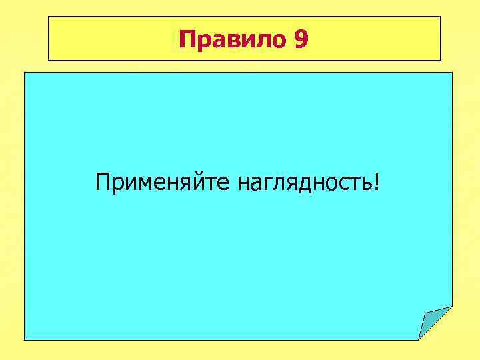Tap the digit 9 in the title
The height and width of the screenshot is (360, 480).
coord(300,41)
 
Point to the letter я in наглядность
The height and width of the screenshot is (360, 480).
coord(291,183)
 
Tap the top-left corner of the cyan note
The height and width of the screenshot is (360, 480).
coord(25,73)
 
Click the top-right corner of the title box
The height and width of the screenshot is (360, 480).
coord(440,17)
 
